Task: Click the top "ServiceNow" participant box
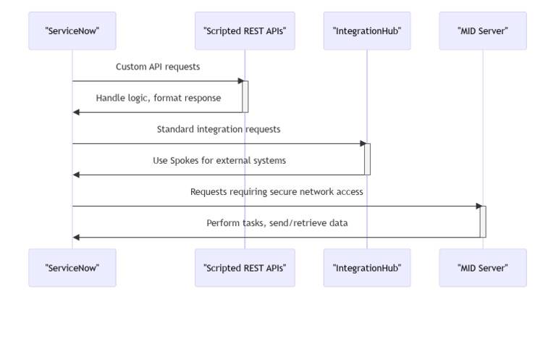(72, 30)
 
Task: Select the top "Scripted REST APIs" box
(245, 30)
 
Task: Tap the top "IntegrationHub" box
(366, 30)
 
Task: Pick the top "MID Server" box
(482, 30)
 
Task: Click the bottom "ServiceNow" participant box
(72, 268)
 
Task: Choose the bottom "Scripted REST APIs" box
(245, 268)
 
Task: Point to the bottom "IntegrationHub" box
(366, 268)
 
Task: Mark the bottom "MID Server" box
(482, 268)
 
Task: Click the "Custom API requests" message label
(158, 67)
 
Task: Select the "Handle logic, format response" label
(158, 98)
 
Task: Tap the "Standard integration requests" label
(219, 129)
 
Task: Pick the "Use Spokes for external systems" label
(219, 160)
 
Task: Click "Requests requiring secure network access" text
(277, 192)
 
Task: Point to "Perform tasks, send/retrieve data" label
(277, 223)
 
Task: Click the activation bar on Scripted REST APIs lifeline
(245, 96)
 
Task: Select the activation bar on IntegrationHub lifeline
(367, 159)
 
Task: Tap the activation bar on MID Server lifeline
(483, 222)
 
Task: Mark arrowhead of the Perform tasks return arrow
(76, 237)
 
